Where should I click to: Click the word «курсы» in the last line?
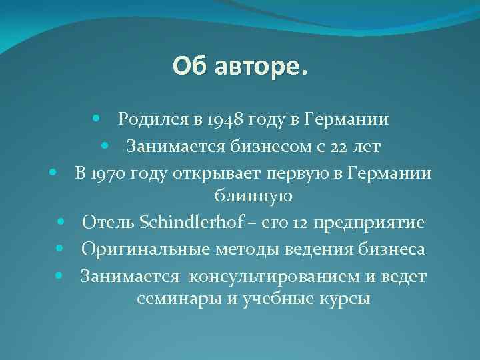click(346, 298)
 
